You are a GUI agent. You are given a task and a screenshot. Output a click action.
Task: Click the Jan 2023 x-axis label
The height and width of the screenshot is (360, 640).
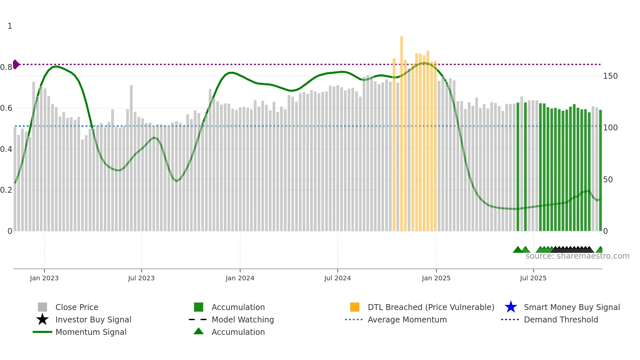pos(44,278)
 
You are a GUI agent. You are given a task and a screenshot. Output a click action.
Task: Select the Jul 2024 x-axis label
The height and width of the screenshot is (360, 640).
pos(337,278)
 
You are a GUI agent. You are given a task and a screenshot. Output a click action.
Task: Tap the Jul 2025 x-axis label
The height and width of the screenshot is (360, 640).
pos(533,278)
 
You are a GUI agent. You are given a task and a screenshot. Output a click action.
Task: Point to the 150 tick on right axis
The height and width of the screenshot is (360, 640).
pos(610,76)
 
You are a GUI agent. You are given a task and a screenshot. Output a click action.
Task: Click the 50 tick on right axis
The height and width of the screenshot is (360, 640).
pos(608,180)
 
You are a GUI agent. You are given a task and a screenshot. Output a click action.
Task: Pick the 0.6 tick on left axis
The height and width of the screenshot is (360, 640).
pos(6,108)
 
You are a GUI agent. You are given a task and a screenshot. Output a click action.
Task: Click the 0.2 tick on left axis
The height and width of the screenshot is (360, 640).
pos(6,190)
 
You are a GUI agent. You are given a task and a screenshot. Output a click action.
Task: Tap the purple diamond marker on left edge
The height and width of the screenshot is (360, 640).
pos(16,64)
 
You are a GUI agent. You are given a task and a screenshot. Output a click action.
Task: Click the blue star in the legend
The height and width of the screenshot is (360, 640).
pos(511,307)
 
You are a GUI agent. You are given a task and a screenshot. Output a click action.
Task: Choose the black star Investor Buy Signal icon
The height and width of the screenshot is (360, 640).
pos(42,319)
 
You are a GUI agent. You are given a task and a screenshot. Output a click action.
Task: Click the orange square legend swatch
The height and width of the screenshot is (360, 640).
pos(355,307)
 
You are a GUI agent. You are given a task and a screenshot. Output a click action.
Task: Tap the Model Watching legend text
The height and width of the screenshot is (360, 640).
pos(243,319)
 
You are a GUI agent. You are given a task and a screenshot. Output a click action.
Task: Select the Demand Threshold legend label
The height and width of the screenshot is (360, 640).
pos(561,319)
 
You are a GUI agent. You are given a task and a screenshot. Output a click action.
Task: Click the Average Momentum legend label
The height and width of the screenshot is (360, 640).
pos(407,319)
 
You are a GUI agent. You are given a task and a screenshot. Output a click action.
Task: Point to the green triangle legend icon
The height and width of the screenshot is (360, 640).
pos(199,332)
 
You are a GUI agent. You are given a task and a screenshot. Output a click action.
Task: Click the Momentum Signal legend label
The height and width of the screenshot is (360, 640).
pos(91,332)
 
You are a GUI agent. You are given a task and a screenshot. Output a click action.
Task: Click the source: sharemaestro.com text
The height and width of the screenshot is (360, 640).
pos(577,256)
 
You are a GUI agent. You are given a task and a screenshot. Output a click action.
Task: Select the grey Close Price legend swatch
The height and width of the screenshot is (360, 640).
pos(42,307)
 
